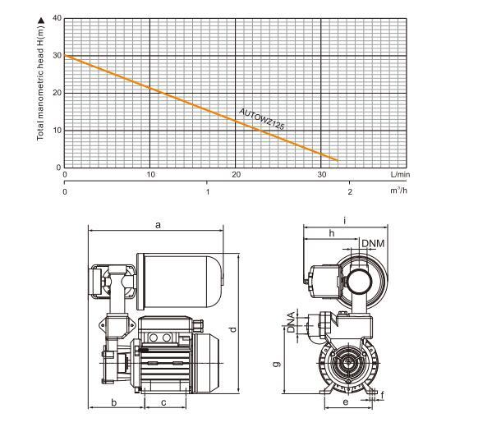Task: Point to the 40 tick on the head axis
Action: [x=56, y=18]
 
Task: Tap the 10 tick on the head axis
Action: [x=56, y=131]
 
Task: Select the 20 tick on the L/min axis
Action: [x=237, y=175]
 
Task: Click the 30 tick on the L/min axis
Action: [x=321, y=175]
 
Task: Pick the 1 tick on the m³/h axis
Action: [x=208, y=192]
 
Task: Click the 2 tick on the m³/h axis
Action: [x=350, y=192]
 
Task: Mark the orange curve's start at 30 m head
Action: [x=66, y=56]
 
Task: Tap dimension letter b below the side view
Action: [x=113, y=402]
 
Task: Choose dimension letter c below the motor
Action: [x=164, y=402]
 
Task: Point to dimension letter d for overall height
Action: [x=233, y=329]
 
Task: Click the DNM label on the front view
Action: [x=373, y=243]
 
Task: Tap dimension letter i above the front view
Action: [x=345, y=220]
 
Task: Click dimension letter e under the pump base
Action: [x=346, y=402]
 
